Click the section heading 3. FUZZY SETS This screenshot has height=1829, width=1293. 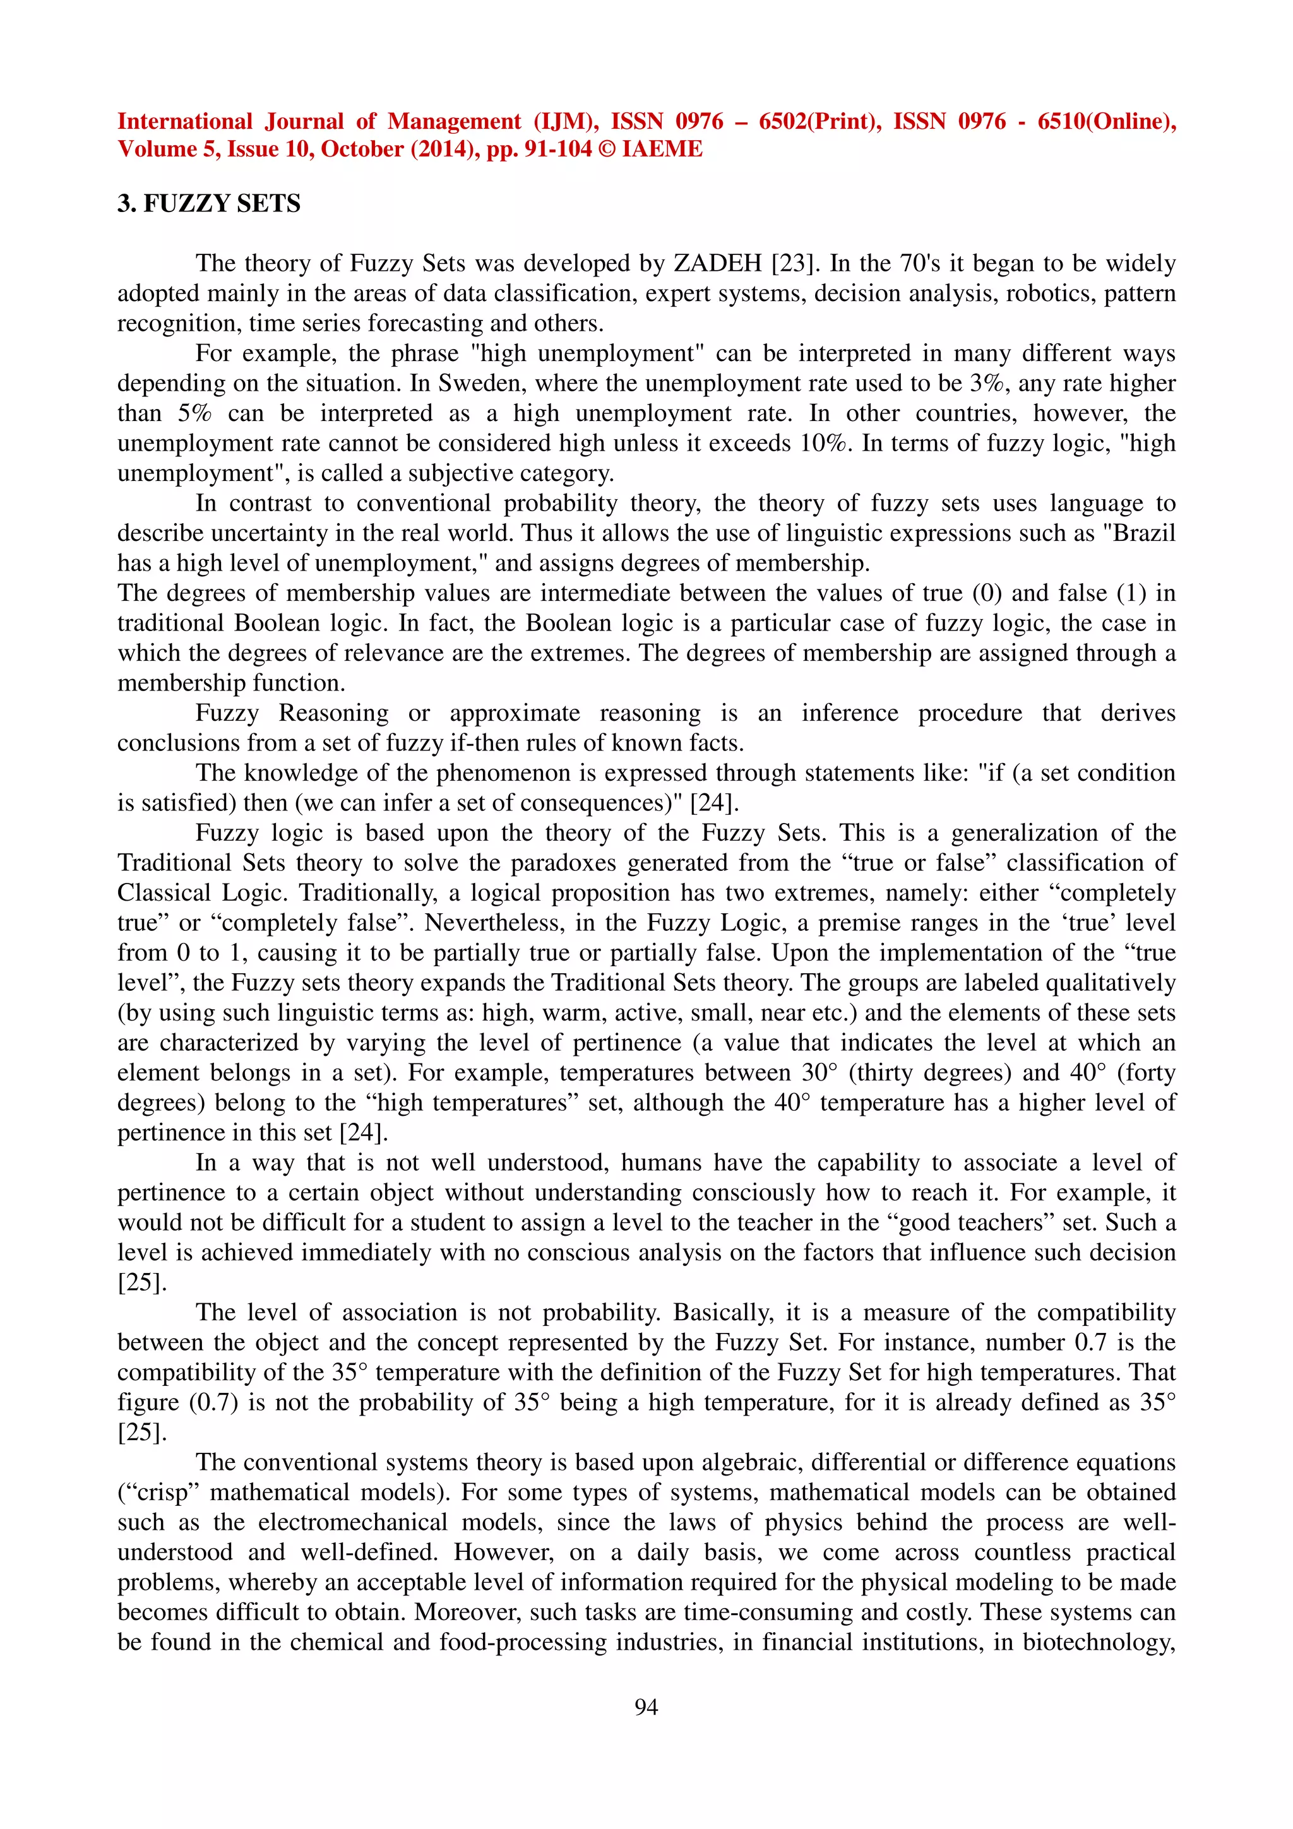tap(209, 204)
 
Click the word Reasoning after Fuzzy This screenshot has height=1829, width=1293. tap(333, 713)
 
